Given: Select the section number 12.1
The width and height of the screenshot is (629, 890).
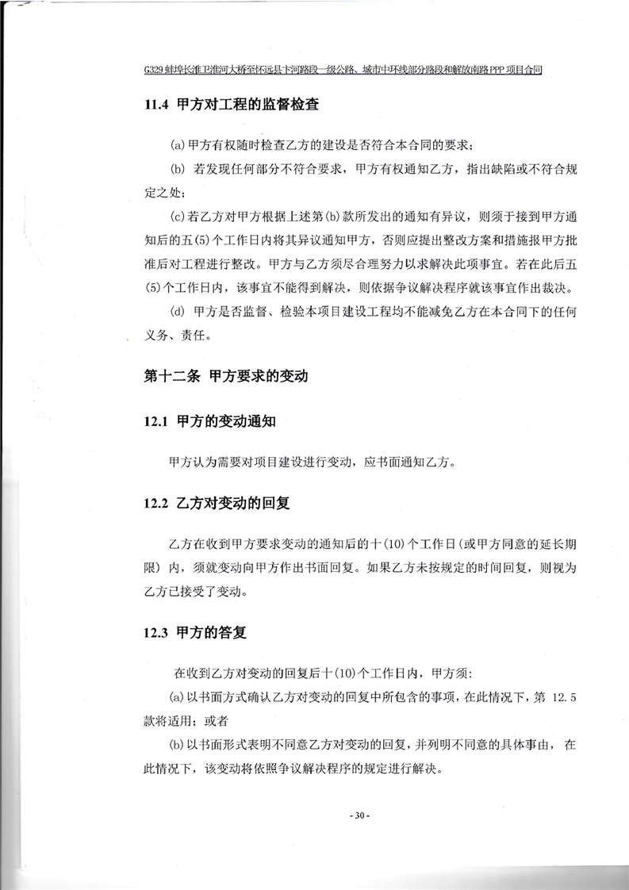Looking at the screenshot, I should click(x=156, y=422).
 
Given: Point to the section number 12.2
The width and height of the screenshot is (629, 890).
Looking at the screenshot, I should click(x=156, y=503).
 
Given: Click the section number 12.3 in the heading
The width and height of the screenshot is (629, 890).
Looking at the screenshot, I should click(x=156, y=632).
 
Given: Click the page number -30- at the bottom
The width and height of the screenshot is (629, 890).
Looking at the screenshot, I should click(x=359, y=815).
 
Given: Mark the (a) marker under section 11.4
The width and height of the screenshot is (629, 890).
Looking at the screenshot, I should click(x=178, y=146).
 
